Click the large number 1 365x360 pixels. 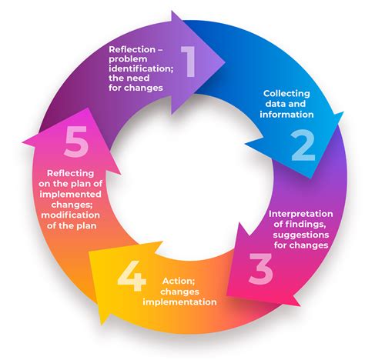(x=189, y=62)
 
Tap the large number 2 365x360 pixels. (x=303, y=145)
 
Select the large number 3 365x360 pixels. (x=260, y=268)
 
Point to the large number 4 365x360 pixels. (x=132, y=276)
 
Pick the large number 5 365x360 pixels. (x=76, y=142)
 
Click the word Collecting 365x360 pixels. (x=286, y=94)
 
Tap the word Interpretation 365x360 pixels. (x=300, y=214)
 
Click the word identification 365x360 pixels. (x=141, y=68)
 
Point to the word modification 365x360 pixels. (x=71, y=215)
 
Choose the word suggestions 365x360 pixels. (x=301, y=235)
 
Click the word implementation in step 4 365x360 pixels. (x=179, y=302)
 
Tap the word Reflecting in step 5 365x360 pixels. (x=71, y=174)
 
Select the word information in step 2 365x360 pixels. (x=286, y=114)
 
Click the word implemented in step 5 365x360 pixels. (x=70, y=195)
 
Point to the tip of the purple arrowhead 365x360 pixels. (x=225, y=62)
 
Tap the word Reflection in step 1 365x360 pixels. (x=132, y=49)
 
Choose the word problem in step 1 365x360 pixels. (x=128, y=59)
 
